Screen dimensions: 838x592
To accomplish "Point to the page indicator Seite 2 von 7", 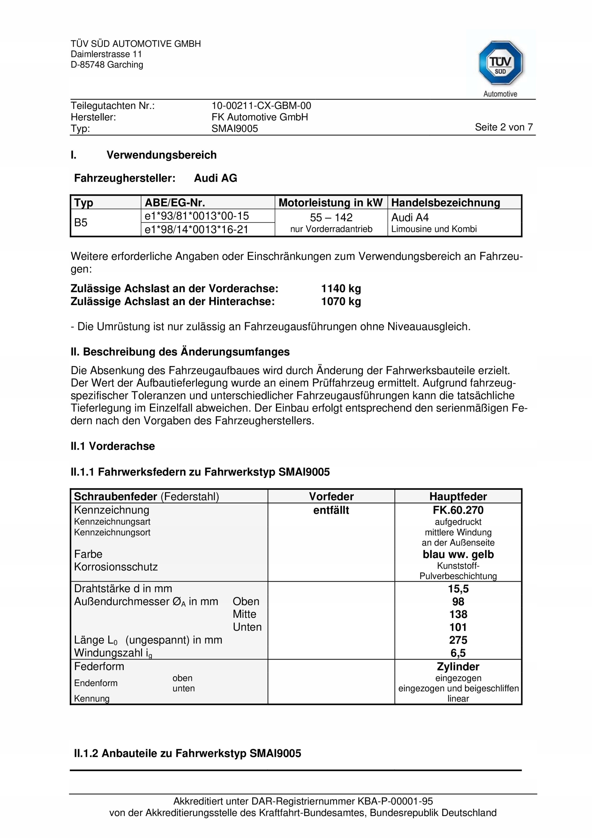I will pos(503,127).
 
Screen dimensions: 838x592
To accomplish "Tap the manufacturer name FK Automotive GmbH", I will pos(260,117).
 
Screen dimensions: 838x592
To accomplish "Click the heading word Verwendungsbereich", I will pos(161,155).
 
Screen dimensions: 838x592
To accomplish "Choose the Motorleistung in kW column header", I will pos(330,203).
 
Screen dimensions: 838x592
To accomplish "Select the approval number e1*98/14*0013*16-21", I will pos(196,229).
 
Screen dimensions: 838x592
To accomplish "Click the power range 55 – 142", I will pos(331,218).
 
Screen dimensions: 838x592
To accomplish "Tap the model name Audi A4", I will pos(409,218).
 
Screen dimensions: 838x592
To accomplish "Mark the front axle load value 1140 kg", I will pos(341,289).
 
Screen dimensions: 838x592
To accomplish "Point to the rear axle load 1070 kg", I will pos(341,301).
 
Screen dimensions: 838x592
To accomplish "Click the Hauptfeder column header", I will pos(458,496).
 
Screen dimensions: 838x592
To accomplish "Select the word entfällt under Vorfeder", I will pos(331,510).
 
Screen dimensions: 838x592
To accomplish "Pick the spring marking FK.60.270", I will pos(458,510).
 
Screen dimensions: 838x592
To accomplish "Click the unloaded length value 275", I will pos(458,640).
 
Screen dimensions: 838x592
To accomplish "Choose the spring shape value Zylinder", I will pos(458,667).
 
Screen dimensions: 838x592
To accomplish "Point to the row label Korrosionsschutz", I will pos(116,567).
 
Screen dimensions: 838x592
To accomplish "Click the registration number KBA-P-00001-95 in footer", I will pos(395,802).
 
